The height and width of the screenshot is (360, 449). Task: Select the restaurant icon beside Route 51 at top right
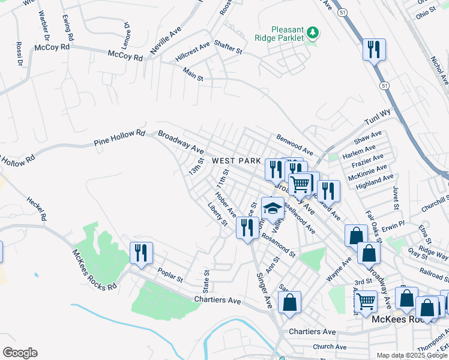[x=374, y=50]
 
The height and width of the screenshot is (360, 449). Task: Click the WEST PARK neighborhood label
[x=237, y=161]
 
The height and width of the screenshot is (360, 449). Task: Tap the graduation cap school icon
[x=273, y=209]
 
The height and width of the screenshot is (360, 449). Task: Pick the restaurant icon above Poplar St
[x=141, y=252]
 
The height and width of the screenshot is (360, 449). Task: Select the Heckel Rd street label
[x=36, y=207]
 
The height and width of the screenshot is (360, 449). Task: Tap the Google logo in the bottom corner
[x=19, y=353]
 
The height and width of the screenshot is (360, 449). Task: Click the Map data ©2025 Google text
[x=412, y=355]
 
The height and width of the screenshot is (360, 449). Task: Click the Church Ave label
[x=330, y=346]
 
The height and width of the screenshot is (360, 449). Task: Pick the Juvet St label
[x=396, y=198]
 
